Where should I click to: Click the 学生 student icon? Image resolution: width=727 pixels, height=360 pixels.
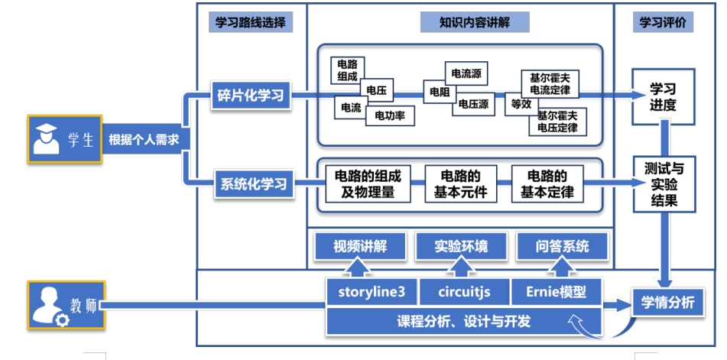coord(45,139)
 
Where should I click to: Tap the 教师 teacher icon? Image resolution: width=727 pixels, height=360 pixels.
coord(46,306)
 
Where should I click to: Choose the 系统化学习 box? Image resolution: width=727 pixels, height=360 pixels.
coord(253,184)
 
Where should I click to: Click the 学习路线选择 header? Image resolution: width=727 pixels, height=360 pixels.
coord(250,22)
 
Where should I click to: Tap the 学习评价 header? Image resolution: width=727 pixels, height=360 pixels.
coord(663,22)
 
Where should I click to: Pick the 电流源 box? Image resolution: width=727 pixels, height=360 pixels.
coord(466,73)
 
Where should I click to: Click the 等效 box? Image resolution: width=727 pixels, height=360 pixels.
coord(521,104)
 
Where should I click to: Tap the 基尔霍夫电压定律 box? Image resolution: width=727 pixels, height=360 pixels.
coord(557,122)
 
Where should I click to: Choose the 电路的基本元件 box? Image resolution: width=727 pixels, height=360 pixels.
coord(460,183)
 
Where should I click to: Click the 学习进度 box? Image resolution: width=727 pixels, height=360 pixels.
coord(663,96)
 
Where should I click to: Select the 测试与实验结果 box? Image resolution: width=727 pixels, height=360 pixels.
coord(663,184)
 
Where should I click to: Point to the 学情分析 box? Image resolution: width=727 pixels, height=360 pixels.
coord(663,303)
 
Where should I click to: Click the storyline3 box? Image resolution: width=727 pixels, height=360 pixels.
coord(366,292)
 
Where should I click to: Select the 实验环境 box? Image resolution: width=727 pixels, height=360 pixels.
coord(460,246)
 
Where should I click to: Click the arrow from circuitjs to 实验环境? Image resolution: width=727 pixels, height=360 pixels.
coord(461,268)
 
